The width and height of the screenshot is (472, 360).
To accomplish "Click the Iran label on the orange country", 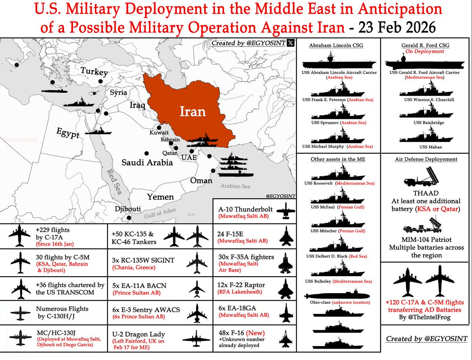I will [193, 111].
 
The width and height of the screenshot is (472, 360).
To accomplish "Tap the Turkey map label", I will [94, 72].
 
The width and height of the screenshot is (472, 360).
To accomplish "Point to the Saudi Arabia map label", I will [147, 162].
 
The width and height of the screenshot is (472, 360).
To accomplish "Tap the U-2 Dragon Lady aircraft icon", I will [196, 338].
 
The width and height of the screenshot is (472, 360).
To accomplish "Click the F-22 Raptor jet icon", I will [284, 290].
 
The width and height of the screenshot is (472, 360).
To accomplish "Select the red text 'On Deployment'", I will [425, 52].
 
